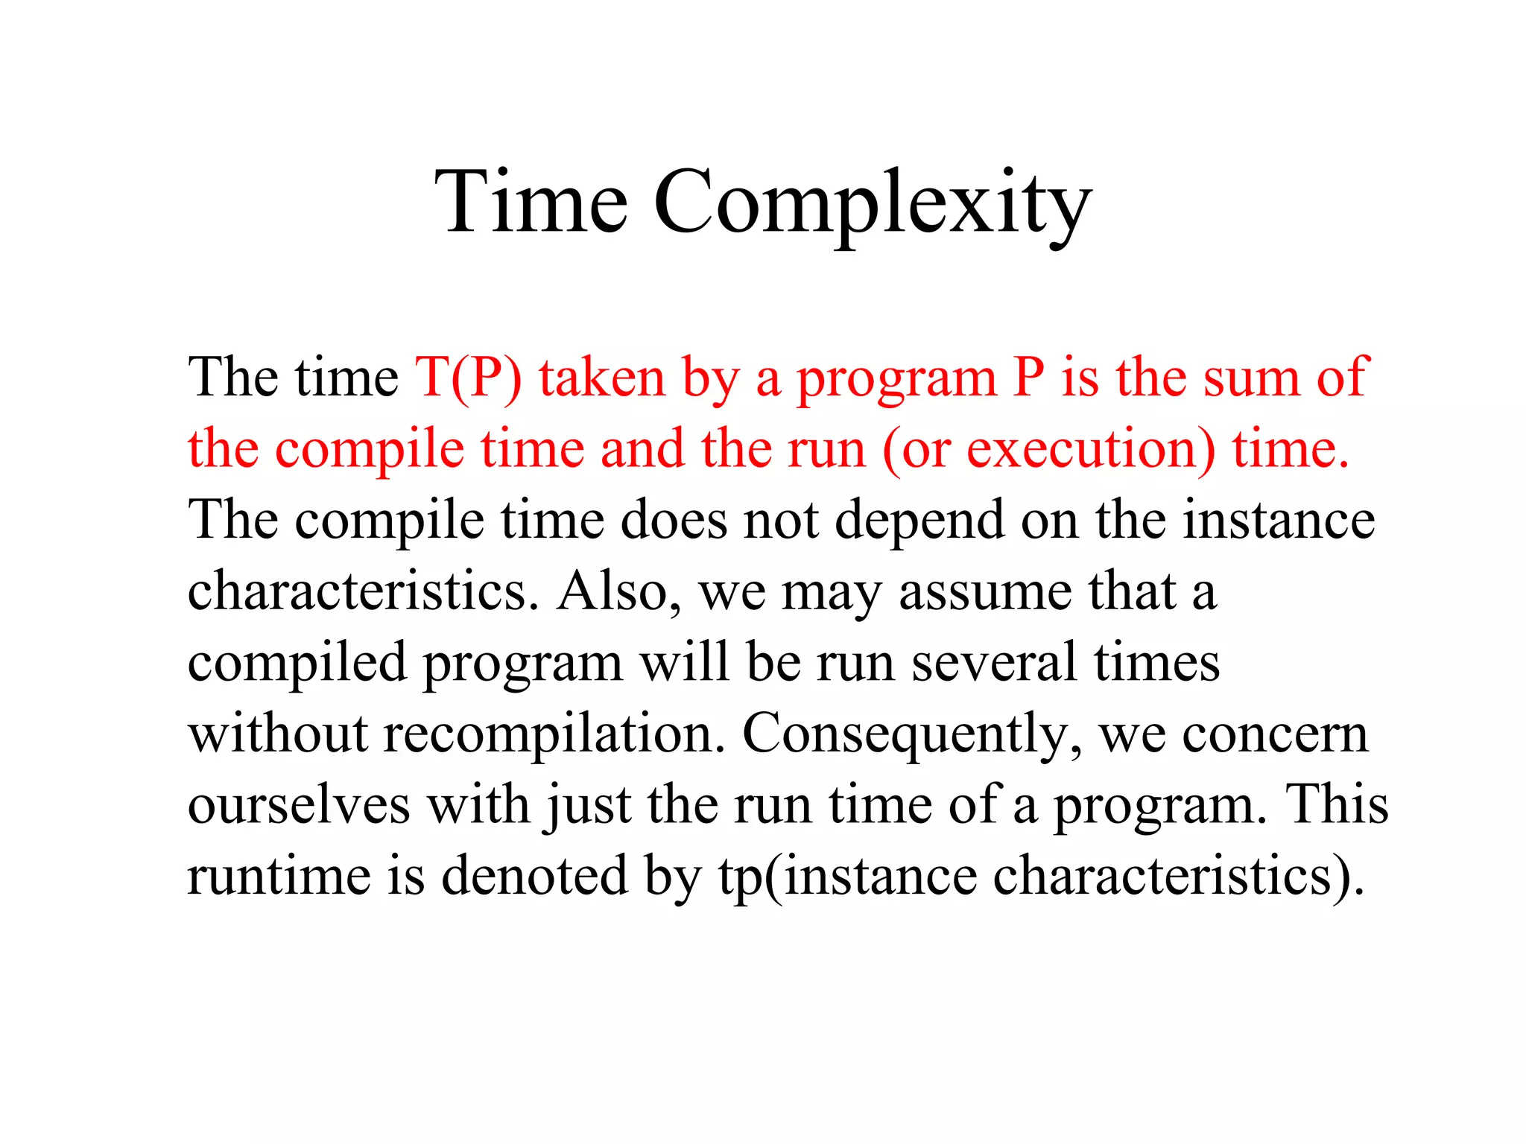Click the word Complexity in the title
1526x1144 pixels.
tap(873, 203)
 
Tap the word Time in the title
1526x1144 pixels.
tap(531, 203)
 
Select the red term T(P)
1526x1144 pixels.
tap(469, 378)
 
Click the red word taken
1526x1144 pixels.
tap(602, 378)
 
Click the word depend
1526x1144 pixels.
tap(919, 520)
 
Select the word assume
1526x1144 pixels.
tap(985, 591)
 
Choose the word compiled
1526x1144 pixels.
tap(297, 663)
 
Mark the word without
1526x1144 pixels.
tap(278, 733)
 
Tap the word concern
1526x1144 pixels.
tap(1275, 734)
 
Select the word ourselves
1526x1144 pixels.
tap(299, 805)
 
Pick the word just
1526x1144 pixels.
tap(589, 805)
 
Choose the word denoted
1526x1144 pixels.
tap(534, 876)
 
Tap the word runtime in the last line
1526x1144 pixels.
tap(279, 876)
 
